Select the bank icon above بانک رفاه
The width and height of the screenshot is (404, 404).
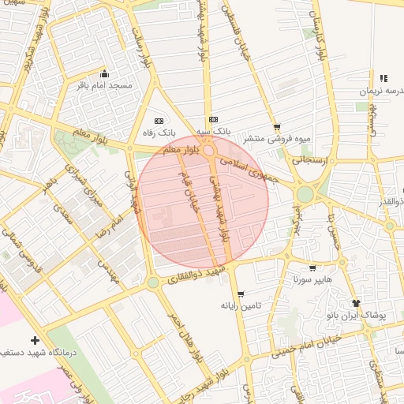pyautogui.click(x=159, y=121)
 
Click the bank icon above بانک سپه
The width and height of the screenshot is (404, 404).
pyautogui.click(x=209, y=121)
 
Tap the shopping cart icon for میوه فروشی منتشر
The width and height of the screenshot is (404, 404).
pyautogui.click(x=276, y=127)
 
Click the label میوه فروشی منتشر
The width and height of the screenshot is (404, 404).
pyautogui.click(x=275, y=139)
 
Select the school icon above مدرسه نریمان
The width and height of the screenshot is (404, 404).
pyautogui.click(x=383, y=78)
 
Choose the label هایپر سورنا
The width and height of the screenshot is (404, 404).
pyautogui.click(x=313, y=280)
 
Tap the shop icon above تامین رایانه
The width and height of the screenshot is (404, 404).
pyautogui.click(x=241, y=294)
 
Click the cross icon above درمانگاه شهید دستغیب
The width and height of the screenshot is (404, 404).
pyautogui.click(x=35, y=340)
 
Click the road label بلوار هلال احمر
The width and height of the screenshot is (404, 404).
pyautogui.click(x=185, y=335)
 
